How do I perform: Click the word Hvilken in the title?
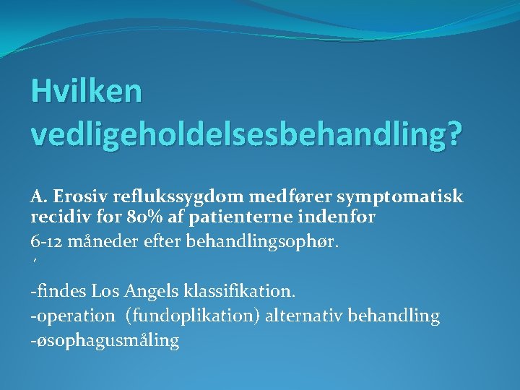pos(87,92)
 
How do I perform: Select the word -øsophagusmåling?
pos(105,340)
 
